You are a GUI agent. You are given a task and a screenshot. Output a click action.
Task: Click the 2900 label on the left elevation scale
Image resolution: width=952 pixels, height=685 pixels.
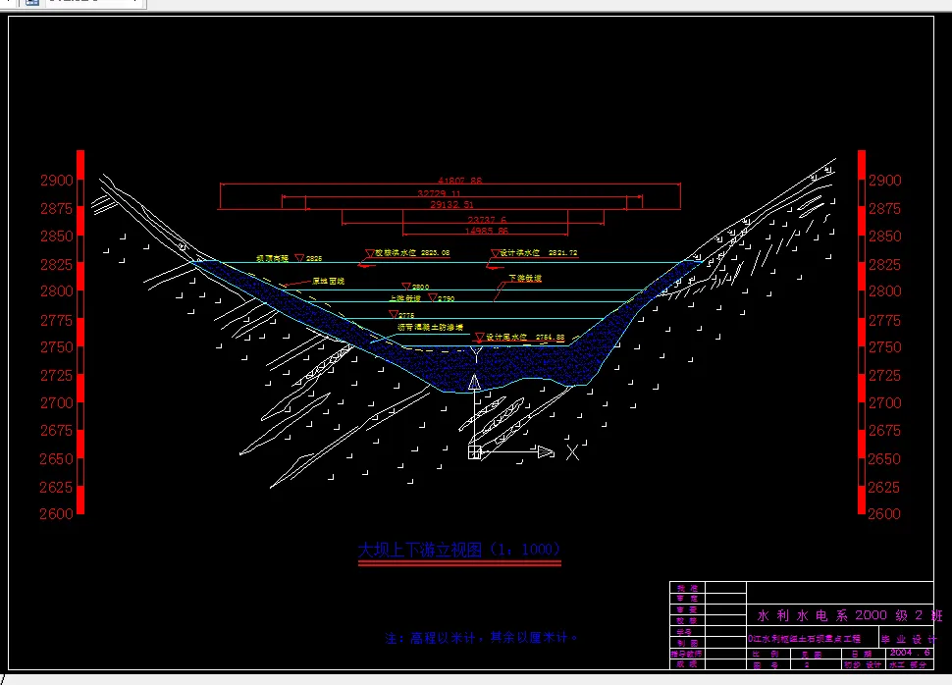click(56, 181)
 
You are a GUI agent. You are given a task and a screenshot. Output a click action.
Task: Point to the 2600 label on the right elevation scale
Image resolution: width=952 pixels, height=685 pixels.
click(884, 513)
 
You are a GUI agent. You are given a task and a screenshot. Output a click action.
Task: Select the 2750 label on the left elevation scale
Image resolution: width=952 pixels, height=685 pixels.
click(56, 347)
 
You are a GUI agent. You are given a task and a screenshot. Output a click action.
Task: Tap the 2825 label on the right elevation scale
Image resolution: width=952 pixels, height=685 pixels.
click(884, 264)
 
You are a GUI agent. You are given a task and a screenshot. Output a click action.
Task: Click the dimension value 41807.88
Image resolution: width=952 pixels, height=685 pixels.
click(460, 181)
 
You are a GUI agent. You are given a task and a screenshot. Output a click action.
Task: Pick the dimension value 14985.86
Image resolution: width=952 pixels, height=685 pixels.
click(487, 231)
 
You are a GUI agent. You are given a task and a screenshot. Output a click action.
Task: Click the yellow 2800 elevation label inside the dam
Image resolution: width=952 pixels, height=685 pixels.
click(420, 287)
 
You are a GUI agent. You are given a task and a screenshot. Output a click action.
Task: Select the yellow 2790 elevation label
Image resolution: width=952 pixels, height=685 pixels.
click(446, 298)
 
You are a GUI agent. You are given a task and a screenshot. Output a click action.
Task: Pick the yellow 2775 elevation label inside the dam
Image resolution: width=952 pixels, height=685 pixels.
click(406, 315)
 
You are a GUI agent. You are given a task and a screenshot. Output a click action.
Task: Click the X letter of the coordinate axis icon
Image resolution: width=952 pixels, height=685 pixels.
click(573, 451)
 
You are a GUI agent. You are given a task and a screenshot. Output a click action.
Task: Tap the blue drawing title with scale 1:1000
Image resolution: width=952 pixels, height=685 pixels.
click(459, 550)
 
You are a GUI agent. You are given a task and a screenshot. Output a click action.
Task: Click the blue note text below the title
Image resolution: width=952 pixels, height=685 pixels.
click(482, 638)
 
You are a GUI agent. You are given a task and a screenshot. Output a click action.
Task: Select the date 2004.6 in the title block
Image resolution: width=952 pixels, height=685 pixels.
click(905, 652)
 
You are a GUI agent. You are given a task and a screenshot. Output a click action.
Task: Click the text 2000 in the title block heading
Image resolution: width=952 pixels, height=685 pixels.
click(872, 615)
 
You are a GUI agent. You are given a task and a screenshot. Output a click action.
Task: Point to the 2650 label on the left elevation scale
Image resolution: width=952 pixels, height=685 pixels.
click(56, 458)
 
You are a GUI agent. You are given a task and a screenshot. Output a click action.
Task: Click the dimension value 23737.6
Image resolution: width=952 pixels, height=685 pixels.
click(487, 219)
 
